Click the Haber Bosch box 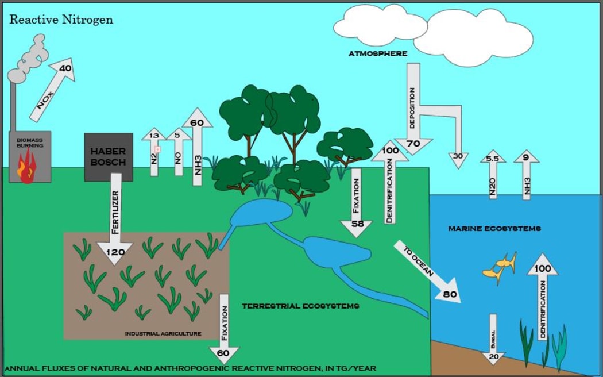pos(109,157)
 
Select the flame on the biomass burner pos(26,170)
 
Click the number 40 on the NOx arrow pos(65,68)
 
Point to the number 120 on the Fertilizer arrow pos(115,252)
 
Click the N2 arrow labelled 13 pos(154,152)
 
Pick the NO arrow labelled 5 pos(177,152)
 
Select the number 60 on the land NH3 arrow pos(197,122)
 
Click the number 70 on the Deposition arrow pos(413,143)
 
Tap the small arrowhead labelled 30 pos(458,157)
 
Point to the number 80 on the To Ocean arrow pos(450,294)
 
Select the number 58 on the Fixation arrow pos(357,224)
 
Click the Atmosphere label pos(377,53)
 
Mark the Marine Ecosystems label pos(494,229)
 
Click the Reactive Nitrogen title pos(61,20)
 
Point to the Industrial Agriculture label pos(163,333)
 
